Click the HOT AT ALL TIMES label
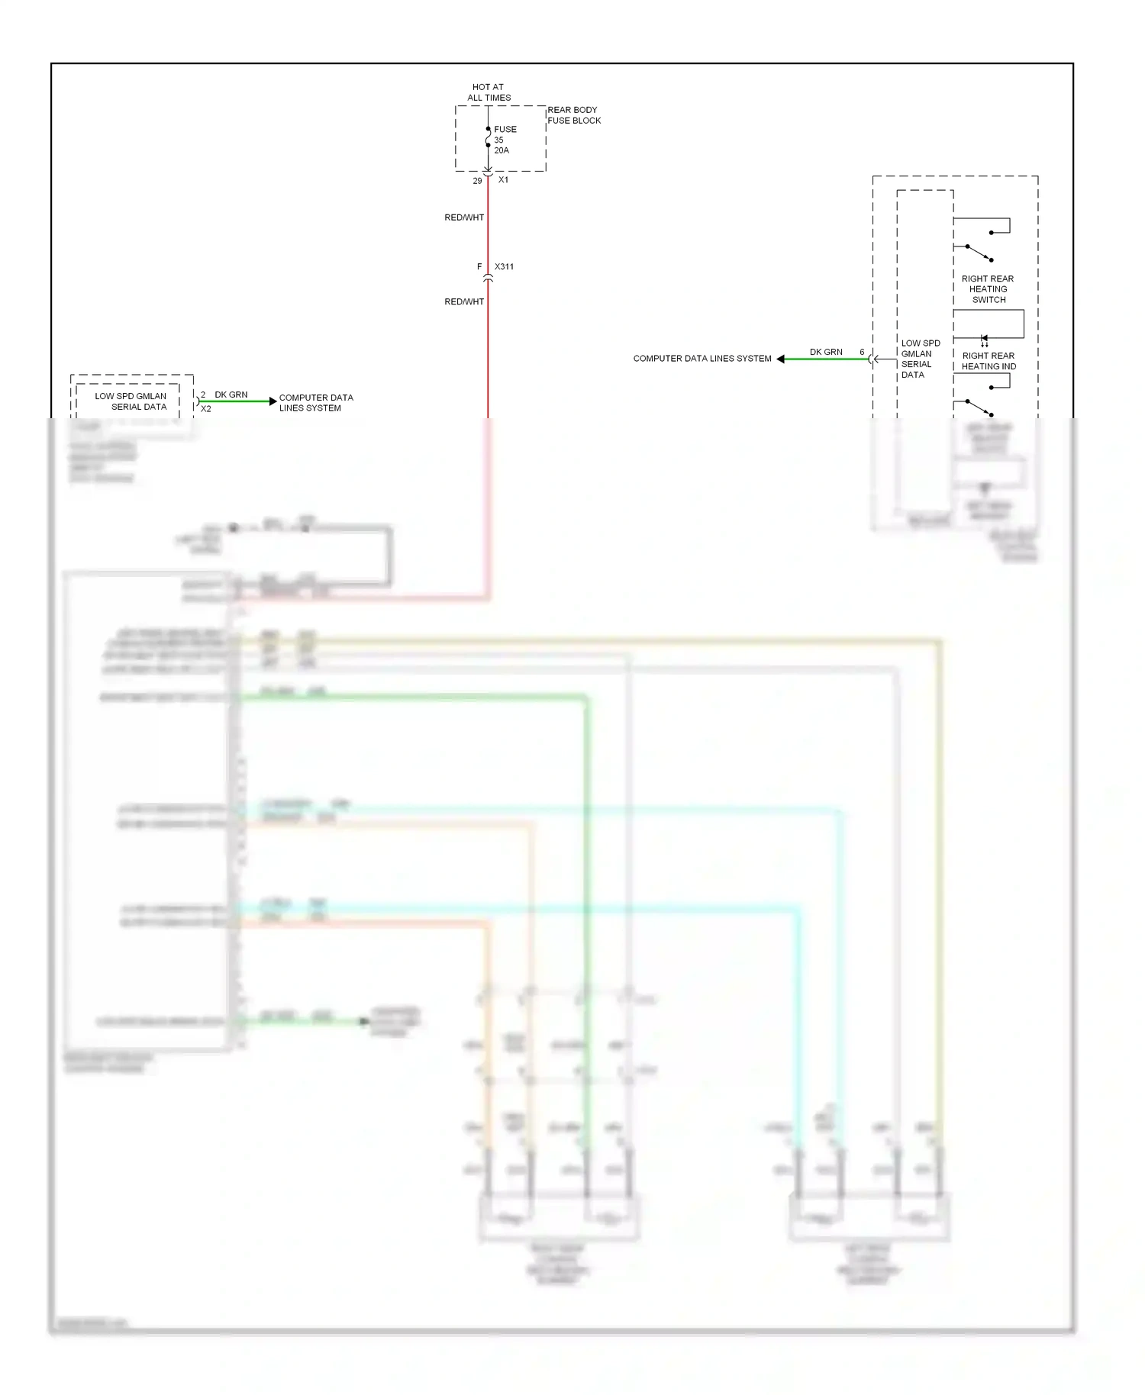(489, 92)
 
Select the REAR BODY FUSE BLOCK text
(574, 115)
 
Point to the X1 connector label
(503, 180)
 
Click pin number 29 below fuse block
(477, 181)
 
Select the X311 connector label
(504, 267)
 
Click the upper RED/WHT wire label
(464, 217)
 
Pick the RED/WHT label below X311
(464, 302)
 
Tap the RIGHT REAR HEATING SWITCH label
(988, 289)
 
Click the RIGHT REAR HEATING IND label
(989, 361)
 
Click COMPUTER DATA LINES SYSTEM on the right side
(702, 359)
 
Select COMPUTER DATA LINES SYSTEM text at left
(315, 403)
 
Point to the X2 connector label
(206, 409)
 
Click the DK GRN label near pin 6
(826, 353)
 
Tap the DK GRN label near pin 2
(231, 395)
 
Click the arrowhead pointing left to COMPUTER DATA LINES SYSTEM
(781, 359)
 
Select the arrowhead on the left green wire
(273, 401)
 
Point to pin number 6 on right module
(862, 353)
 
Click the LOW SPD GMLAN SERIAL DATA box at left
(131, 401)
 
